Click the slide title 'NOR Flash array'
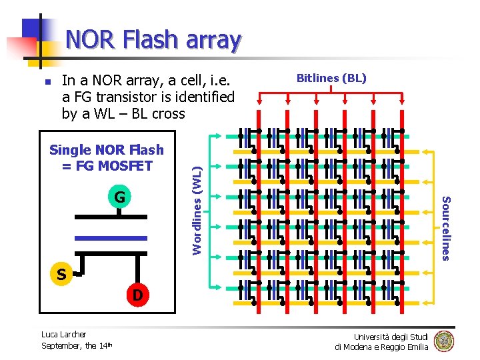[153, 39]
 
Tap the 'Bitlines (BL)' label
[331, 78]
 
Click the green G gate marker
[119, 197]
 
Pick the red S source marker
[61, 274]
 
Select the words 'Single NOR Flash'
[107, 150]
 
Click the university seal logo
[443, 341]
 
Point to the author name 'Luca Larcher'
[64, 334]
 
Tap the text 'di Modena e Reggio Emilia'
[381, 347]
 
